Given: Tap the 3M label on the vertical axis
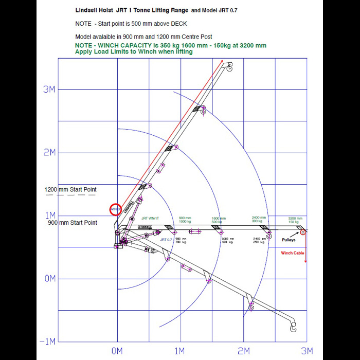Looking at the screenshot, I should (x=49, y=89).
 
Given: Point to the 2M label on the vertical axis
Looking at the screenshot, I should (x=49, y=153).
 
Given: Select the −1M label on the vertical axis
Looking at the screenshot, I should (x=48, y=342).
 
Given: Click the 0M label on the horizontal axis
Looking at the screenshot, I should (x=117, y=351).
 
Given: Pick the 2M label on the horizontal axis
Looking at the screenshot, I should (x=244, y=351).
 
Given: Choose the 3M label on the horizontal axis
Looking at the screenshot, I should (x=307, y=351).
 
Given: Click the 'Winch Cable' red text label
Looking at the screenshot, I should (x=292, y=253).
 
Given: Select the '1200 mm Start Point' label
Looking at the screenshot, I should (x=70, y=190).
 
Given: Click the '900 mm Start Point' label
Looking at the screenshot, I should (x=73, y=223).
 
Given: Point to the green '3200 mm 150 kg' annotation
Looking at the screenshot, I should (x=295, y=220).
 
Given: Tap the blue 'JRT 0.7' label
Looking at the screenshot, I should (x=166, y=240).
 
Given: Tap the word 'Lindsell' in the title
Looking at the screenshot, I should (x=88, y=9).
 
